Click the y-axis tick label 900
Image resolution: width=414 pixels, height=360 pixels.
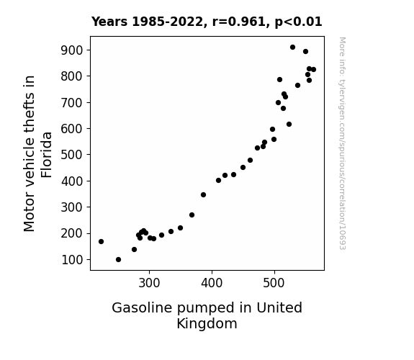(72, 50)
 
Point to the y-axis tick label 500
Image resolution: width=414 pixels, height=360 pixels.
(72, 155)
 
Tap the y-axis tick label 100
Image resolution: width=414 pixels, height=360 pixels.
(72, 260)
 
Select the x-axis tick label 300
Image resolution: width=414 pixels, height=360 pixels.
(149, 283)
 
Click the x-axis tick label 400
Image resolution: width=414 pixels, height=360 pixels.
(212, 283)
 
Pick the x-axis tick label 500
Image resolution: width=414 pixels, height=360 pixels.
(274, 283)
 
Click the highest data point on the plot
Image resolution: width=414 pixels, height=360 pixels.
(292, 48)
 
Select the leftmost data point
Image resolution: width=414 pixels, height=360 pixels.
(101, 241)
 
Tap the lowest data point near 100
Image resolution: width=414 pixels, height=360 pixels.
(119, 260)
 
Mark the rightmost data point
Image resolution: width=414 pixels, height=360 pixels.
(313, 69)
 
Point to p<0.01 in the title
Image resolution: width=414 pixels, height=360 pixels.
(298, 22)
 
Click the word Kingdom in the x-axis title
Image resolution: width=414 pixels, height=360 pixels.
(207, 323)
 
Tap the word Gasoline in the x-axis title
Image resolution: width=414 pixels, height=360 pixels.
(142, 307)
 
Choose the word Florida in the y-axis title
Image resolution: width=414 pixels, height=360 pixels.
(47, 155)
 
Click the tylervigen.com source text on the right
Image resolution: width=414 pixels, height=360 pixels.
(342, 143)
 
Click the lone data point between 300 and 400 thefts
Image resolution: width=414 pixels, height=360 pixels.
(203, 194)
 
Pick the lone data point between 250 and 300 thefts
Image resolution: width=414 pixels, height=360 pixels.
(192, 215)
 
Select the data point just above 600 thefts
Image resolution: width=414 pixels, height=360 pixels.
(289, 124)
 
